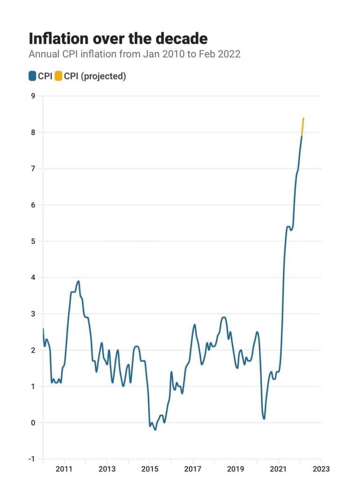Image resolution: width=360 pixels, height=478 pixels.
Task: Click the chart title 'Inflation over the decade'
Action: [118, 38]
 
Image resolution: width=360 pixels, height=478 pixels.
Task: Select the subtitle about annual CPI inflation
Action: [135, 54]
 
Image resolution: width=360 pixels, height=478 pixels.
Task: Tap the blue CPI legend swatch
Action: [33, 76]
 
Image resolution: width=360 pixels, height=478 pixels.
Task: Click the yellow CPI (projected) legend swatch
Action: [59, 76]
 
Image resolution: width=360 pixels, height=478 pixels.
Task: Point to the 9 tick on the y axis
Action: [33, 96]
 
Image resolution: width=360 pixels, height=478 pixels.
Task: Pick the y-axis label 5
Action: [33, 242]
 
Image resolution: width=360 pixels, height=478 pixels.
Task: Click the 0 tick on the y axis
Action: [33, 423]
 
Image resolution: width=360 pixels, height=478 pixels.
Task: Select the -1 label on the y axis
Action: [31, 459]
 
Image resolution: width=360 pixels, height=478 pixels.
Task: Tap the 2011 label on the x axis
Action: [64, 469]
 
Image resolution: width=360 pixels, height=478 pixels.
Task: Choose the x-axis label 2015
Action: [150, 469]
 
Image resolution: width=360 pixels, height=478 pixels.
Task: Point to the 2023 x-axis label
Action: [321, 469]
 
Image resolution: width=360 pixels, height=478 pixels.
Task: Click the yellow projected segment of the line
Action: [303, 126]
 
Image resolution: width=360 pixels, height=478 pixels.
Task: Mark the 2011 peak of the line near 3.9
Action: [78, 281]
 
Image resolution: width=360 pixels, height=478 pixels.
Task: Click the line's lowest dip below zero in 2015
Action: [155, 429]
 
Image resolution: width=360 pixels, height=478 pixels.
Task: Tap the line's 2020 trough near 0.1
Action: [264, 419]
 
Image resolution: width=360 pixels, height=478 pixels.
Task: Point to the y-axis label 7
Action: [33, 169]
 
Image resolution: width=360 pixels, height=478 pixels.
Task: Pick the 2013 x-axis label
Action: [107, 469]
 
